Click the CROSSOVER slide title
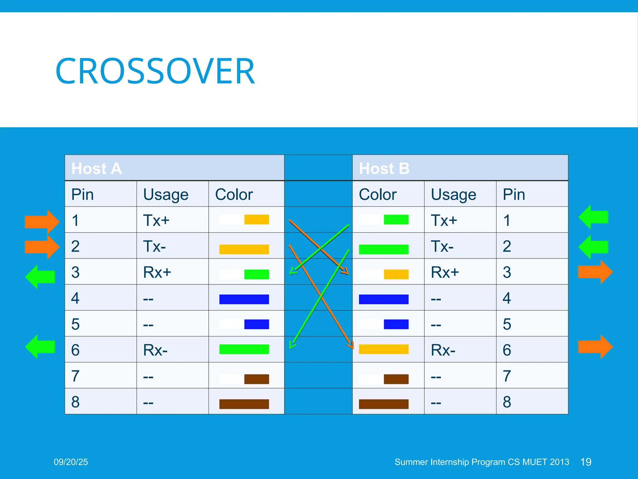coord(155,71)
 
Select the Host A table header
coord(97,168)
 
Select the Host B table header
coord(384,168)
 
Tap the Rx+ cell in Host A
coord(157,272)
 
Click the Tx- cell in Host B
coord(442,246)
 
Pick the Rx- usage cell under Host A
coord(155,350)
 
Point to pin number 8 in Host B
coord(507,402)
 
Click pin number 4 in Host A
coord(75,298)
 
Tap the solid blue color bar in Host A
coord(244,299)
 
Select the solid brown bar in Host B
coord(383,404)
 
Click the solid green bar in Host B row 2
coord(383,249)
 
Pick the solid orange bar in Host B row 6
coord(383,349)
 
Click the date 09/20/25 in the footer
coord(71,462)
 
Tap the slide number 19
coord(586,462)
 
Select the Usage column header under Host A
coord(166,195)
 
